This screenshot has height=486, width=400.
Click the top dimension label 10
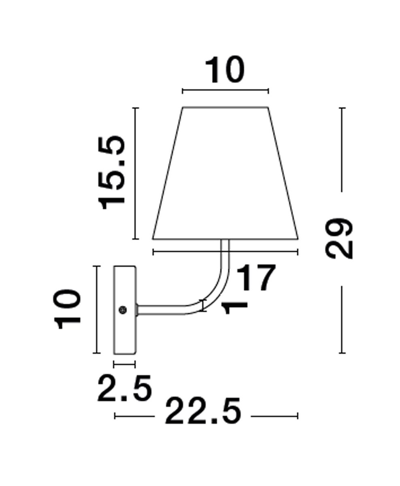tap(225, 70)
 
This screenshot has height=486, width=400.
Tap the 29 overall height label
tap(339, 239)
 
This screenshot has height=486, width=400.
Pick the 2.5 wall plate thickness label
tap(124, 388)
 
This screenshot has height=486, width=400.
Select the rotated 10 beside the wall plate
tap(68, 309)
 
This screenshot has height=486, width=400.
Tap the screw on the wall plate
tap(122, 310)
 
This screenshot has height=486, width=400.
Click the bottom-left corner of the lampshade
tap(153, 238)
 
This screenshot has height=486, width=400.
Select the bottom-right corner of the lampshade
tap(298, 238)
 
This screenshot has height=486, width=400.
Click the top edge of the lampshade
tap(225, 107)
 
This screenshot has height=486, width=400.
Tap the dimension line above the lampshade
tap(225, 91)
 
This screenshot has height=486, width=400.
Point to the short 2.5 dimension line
tap(124, 364)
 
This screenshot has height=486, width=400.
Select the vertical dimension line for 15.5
tap(136, 173)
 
